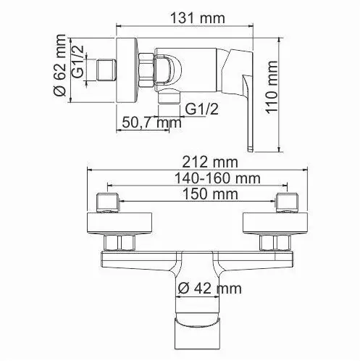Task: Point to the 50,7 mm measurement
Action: [148, 123]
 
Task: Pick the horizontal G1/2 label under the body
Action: [202, 109]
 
